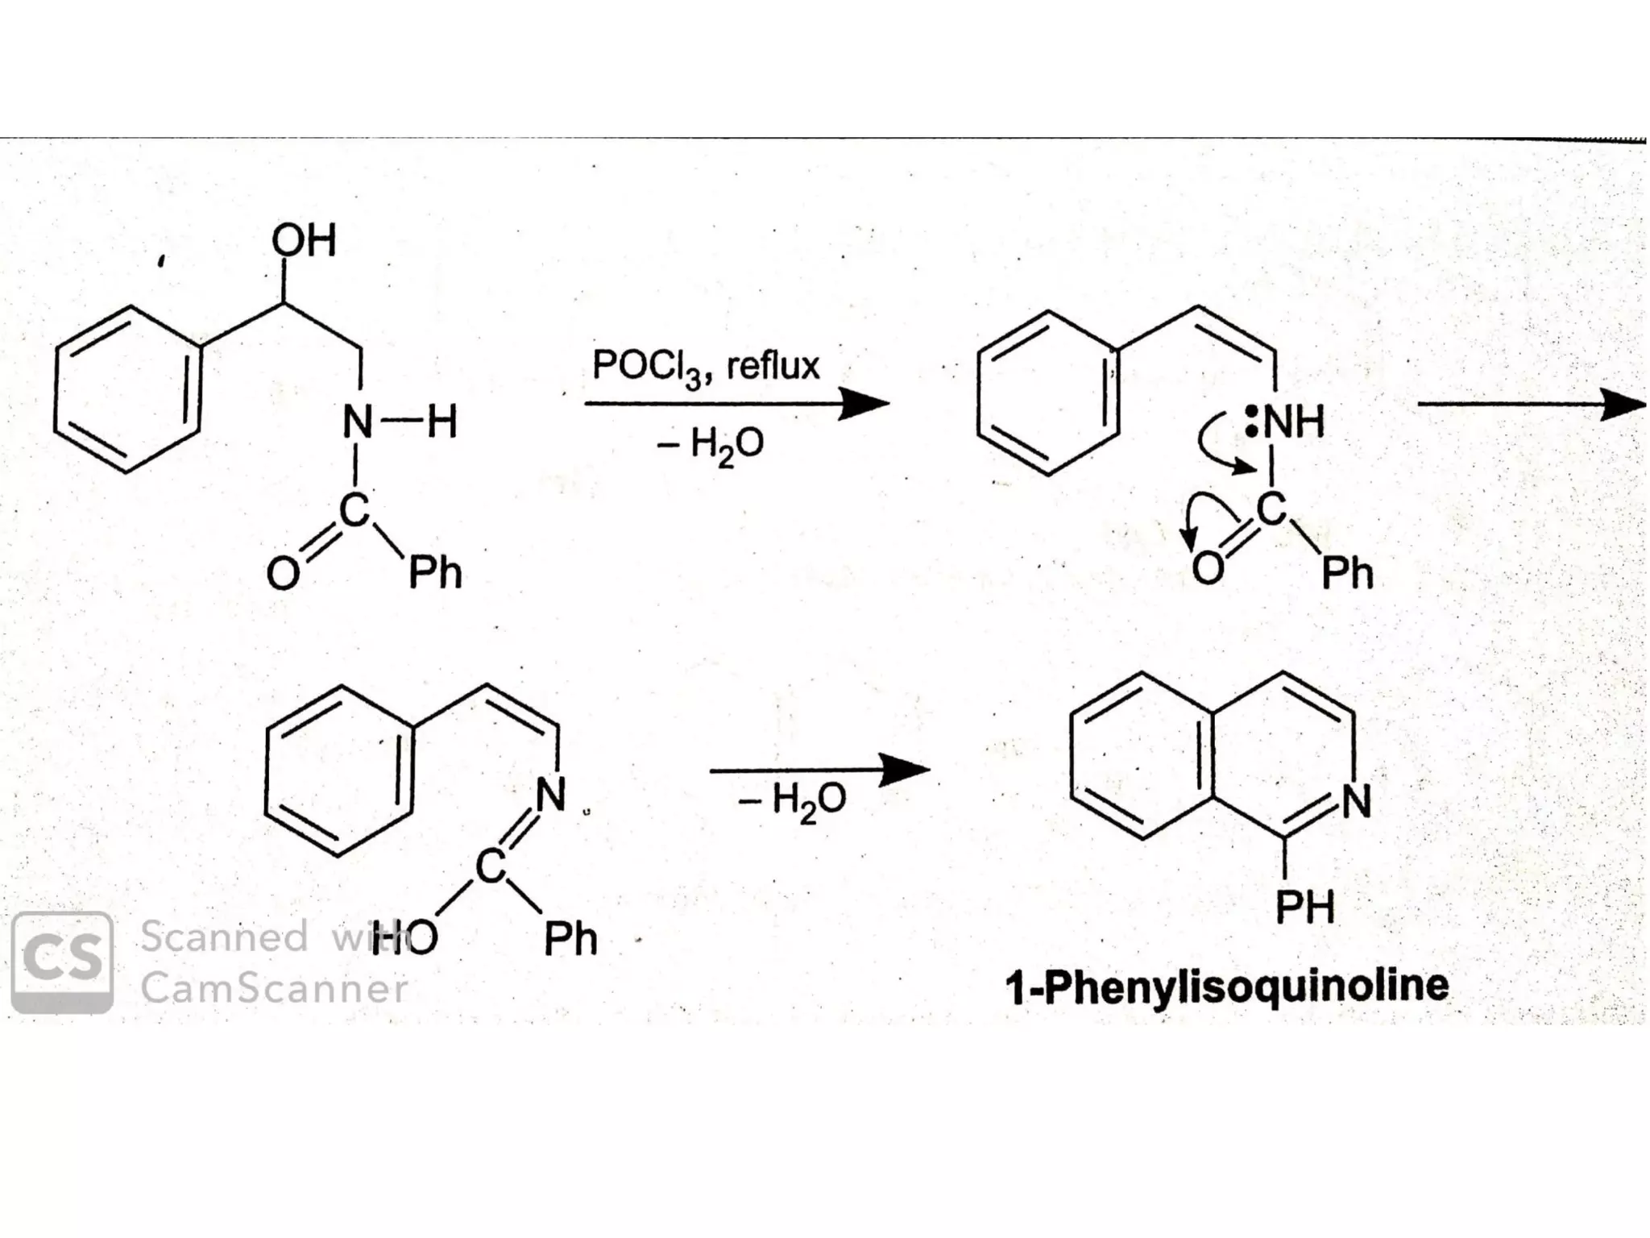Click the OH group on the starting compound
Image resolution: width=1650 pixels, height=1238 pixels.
click(x=304, y=240)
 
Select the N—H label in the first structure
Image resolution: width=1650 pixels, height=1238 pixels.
click(x=400, y=422)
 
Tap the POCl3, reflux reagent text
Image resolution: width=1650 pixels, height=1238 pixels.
click(x=706, y=367)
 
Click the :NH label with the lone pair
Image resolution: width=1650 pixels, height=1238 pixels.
click(x=1286, y=422)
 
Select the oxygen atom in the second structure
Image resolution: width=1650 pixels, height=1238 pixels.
click(x=1207, y=569)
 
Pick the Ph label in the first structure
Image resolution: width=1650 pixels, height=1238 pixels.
click(x=435, y=573)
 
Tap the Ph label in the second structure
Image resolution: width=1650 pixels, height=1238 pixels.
click(x=1347, y=573)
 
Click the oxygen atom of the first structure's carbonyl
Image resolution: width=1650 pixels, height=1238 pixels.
click(x=283, y=574)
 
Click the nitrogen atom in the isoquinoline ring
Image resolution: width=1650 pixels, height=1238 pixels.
click(x=1356, y=800)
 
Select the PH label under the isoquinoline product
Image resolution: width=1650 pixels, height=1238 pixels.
click(x=1305, y=907)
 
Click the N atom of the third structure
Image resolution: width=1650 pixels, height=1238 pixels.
click(x=551, y=795)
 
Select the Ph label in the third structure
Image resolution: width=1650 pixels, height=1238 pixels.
click(x=570, y=939)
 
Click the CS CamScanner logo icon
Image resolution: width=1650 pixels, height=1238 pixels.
click(x=62, y=962)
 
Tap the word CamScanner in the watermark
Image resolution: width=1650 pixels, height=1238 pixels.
click(x=274, y=988)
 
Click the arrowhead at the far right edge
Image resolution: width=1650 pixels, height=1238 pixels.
click(x=1623, y=403)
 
